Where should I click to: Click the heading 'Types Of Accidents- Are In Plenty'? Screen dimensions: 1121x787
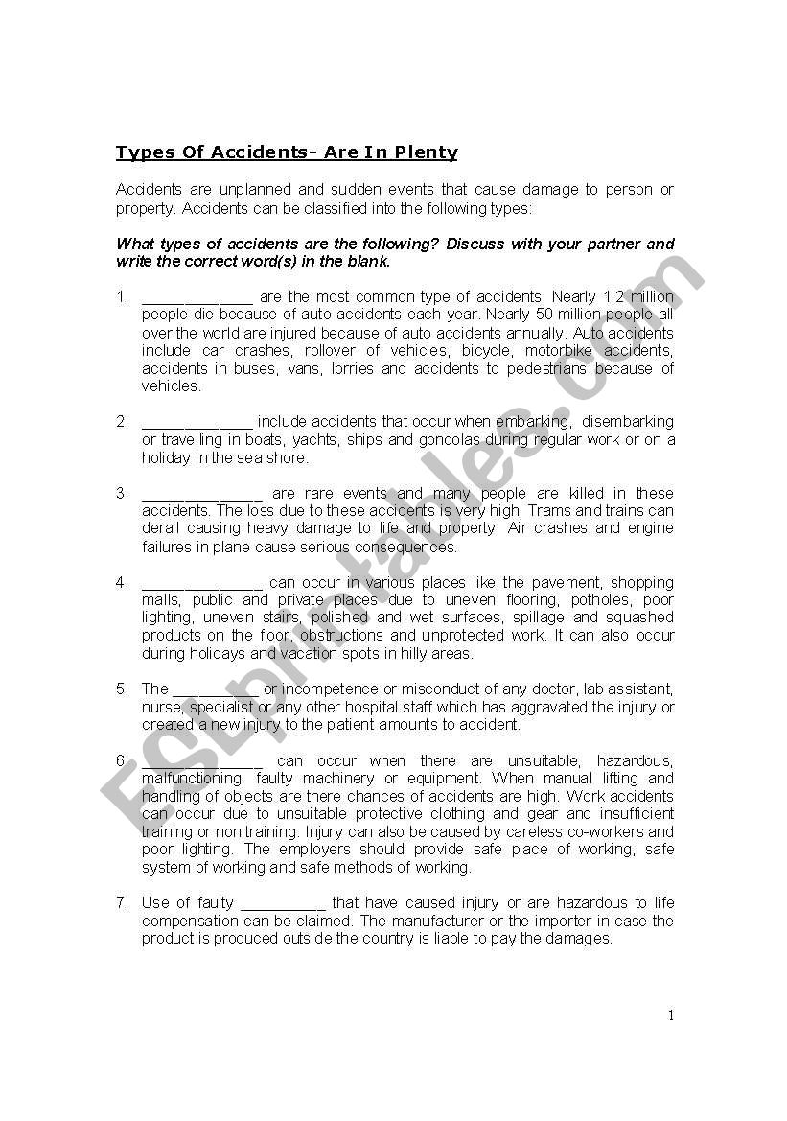287,152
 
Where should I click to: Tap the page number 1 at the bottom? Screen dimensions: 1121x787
671,1016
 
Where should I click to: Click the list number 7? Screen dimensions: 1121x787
122,902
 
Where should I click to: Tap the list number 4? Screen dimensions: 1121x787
122,582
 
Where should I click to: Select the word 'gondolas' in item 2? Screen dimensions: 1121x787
447,440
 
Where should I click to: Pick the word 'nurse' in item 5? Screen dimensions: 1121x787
161,707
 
